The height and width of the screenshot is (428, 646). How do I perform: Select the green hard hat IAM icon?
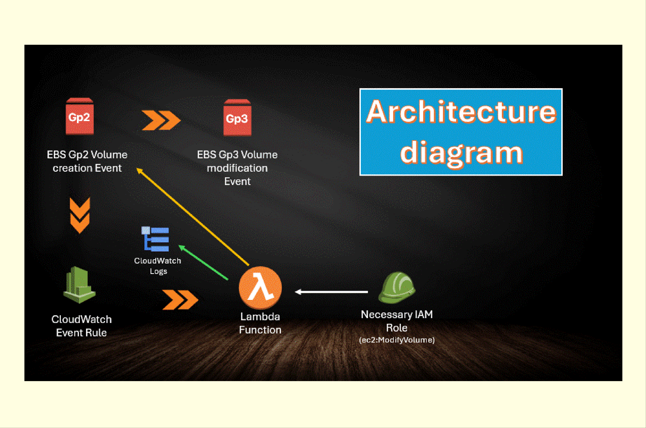coord(397,287)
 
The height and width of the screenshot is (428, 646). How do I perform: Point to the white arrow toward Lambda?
coord(331,292)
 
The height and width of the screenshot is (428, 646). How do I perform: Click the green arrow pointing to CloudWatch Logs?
coord(203,262)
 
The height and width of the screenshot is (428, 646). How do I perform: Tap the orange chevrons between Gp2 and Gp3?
coord(161,120)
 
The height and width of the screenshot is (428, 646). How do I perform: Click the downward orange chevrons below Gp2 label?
coord(80,215)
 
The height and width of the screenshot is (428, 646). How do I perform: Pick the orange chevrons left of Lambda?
coord(180,300)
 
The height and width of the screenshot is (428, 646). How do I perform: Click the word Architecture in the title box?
coord(461,111)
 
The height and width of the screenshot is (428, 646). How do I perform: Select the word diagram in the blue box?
coord(461,153)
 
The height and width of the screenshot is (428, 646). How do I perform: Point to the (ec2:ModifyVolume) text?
coord(397,340)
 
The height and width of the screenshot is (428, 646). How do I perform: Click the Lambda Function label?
coord(260,323)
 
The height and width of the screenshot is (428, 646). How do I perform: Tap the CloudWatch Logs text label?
coord(158,266)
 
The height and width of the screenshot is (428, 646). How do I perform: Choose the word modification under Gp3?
coord(237,168)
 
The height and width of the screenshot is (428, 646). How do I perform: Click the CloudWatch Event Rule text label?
coord(82,326)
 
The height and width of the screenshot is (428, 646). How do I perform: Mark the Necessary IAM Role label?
coord(397,321)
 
